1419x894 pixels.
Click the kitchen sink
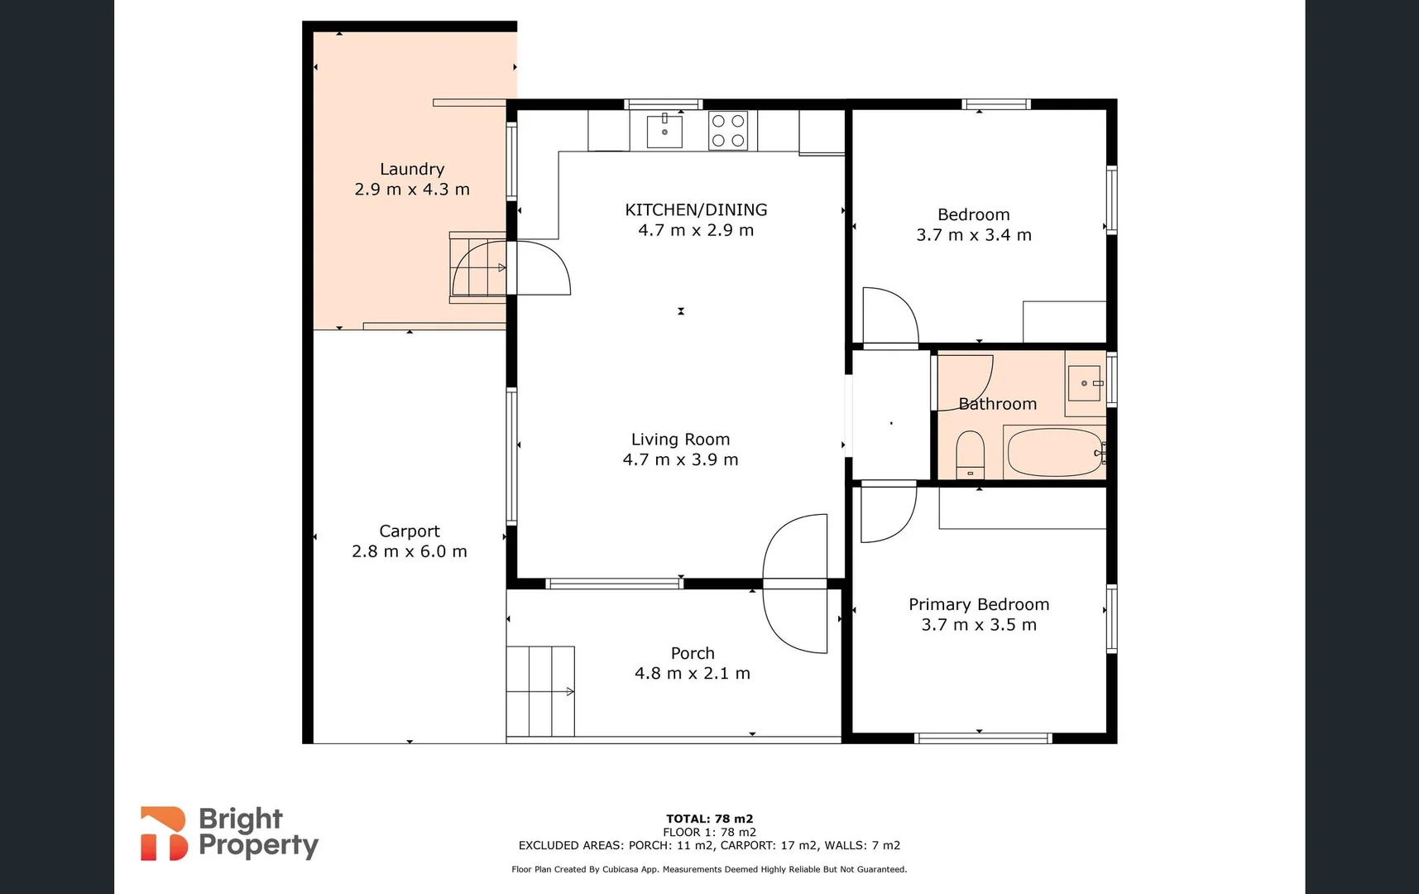664,131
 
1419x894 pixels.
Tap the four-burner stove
728,131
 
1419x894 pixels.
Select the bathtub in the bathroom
1054,452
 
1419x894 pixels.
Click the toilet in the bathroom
970,454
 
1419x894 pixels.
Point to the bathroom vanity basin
1084,383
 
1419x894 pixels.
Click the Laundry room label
412,169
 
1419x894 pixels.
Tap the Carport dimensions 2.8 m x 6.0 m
410,551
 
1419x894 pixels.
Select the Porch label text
693,653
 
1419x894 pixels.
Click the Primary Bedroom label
979,604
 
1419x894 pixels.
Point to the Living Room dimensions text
680,459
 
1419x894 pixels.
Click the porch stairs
540,691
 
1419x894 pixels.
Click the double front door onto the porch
794,584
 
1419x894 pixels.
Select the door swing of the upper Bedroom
889,316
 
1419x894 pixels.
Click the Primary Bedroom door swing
887,513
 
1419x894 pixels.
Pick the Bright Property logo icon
163,834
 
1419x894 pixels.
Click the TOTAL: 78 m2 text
709,819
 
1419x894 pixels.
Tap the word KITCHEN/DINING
696,209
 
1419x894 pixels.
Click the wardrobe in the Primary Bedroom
1023,508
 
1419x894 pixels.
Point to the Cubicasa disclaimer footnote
709,869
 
